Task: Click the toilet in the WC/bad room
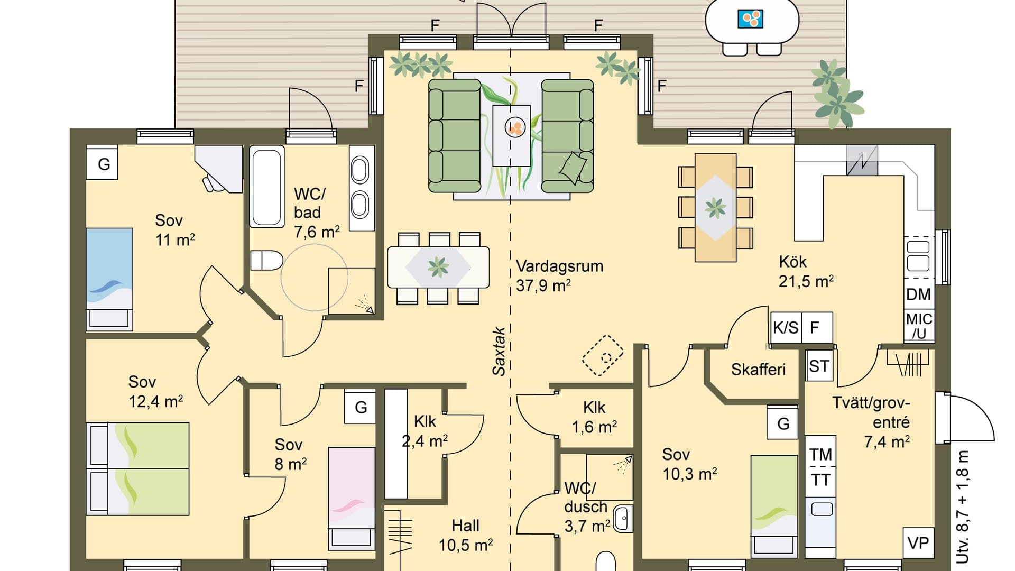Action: (x=266, y=261)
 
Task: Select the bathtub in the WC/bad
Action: (x=266, y=188)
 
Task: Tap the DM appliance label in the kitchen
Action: (x=918, y=294)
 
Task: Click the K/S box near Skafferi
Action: (x=786, y=328)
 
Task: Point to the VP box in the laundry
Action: (x=918, y=543)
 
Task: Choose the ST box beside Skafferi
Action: (x=819, y=366)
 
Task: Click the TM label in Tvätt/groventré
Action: (x=820, y=454)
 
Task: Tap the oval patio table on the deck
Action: (x=752, y=21)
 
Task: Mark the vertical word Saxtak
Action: (x=499, y=351)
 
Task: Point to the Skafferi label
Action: (x=758, y=369)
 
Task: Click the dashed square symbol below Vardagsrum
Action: (x=603, y=355)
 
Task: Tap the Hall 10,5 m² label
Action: (x=465, y=535)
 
